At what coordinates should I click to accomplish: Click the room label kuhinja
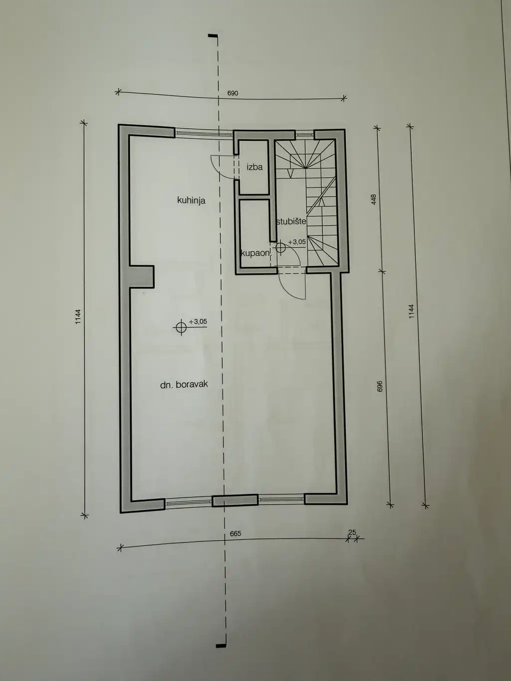click(191, 201)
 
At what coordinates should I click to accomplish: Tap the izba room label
click(255, 167)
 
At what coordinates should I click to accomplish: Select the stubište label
click(291, 222)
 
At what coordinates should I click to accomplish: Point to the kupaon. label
click(255, 253)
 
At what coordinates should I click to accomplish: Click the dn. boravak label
click(184, 385)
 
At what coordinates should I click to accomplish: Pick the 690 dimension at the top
click(233, 93)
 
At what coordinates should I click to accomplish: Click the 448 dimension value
click(373, 199)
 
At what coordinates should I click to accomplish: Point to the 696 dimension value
click(380, 386)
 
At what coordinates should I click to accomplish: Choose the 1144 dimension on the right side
click(411, 311)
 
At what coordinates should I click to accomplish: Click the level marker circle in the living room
click(181, 327)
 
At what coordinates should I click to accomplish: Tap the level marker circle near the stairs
click(280, 247)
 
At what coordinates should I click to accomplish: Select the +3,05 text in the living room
click(198, 322)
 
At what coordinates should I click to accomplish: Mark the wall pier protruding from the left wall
click(142, 276)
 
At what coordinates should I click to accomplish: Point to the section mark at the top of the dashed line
click(214, 37)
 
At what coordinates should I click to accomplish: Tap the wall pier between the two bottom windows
click(235, 500)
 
